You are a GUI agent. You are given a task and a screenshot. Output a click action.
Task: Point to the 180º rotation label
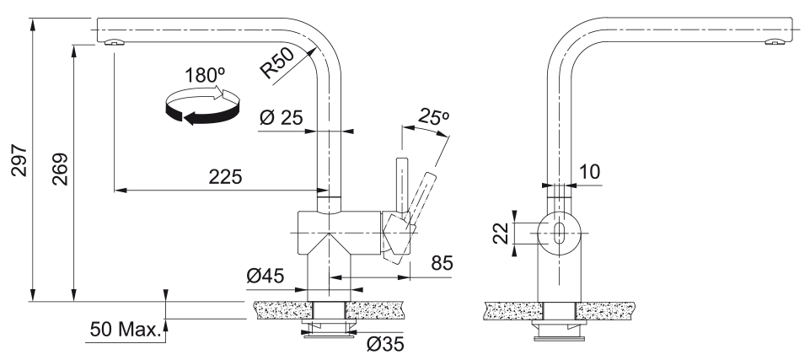pyautogui.click(x=205, y=76)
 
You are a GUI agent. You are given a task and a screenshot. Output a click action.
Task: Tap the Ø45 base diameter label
pyautogui.click(x=266, y=276)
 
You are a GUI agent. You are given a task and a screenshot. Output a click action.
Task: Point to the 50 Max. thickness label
pyautogui.click(x=125, y=328)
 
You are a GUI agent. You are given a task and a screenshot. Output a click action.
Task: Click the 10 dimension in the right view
pyautogui.click(x=589, y=172)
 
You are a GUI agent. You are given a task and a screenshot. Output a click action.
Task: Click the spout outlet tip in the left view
pyautogui.click(x=112, y=43)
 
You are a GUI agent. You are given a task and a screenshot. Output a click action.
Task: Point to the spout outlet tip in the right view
pyautogui.click(x=773, y=43)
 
